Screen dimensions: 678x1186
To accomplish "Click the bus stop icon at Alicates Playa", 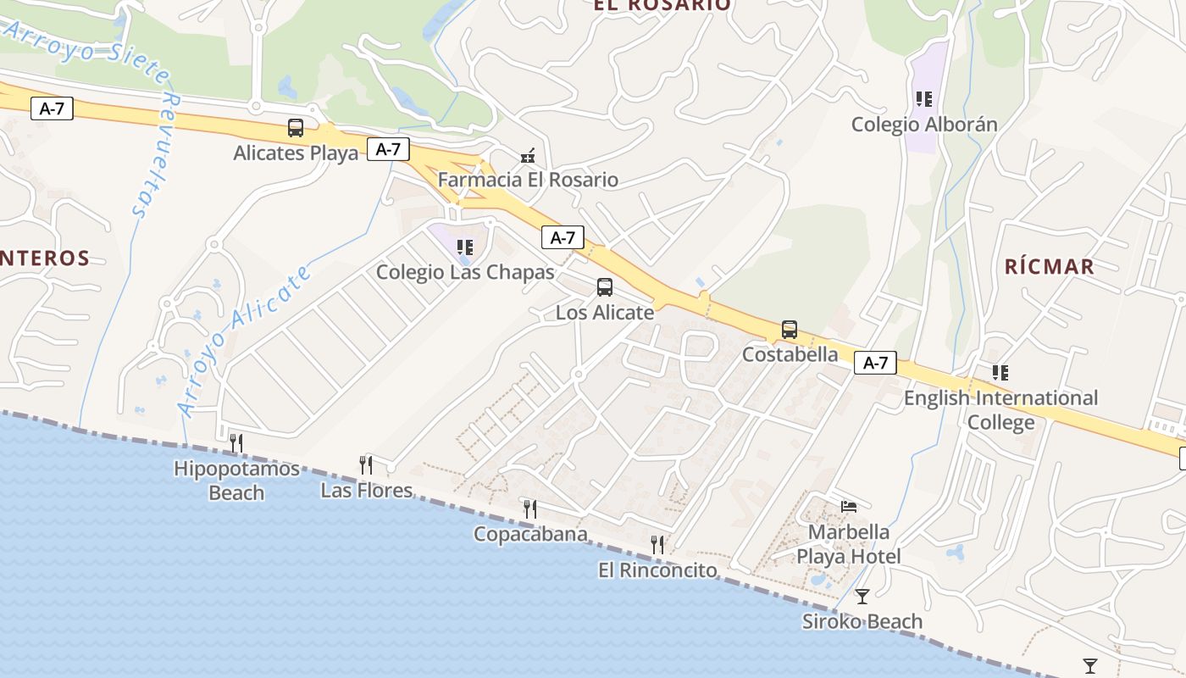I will click(296, 128).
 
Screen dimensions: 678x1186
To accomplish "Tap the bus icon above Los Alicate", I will click(604, 286).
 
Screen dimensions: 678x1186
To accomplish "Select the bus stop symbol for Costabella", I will click(789, 329).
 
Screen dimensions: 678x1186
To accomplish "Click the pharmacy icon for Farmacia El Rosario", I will click(528, 155).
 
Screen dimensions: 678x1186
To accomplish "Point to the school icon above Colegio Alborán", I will click(924, 99).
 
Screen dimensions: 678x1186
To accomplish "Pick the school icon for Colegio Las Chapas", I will click(464, 247).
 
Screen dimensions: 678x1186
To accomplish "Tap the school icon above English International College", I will click(1000, 372).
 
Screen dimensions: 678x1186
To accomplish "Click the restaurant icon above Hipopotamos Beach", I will click(236, 442).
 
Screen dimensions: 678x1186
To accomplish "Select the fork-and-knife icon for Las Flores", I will click(366, 464).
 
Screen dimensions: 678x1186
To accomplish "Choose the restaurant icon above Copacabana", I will click(529, 508).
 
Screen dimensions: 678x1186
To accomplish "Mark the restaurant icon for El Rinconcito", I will click(657, 544).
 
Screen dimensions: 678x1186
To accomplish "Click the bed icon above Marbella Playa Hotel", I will click(849, 507).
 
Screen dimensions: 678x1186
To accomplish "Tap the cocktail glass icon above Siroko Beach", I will click(862, 597).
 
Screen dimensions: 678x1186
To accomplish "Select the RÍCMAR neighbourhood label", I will click(1049, 266).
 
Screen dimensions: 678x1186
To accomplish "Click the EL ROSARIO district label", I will click(662, 5).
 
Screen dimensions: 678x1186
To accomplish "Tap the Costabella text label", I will click(790, 354).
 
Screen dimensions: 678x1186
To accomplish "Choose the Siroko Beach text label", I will click(862, 621).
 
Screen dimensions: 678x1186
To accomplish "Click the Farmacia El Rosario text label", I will click(528, 180).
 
